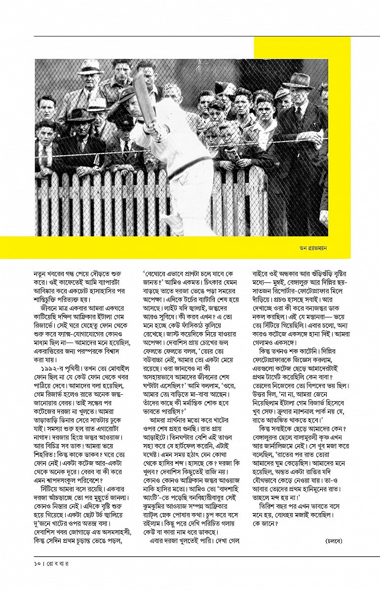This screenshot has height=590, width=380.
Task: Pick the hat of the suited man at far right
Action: [x=299, y=80]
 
